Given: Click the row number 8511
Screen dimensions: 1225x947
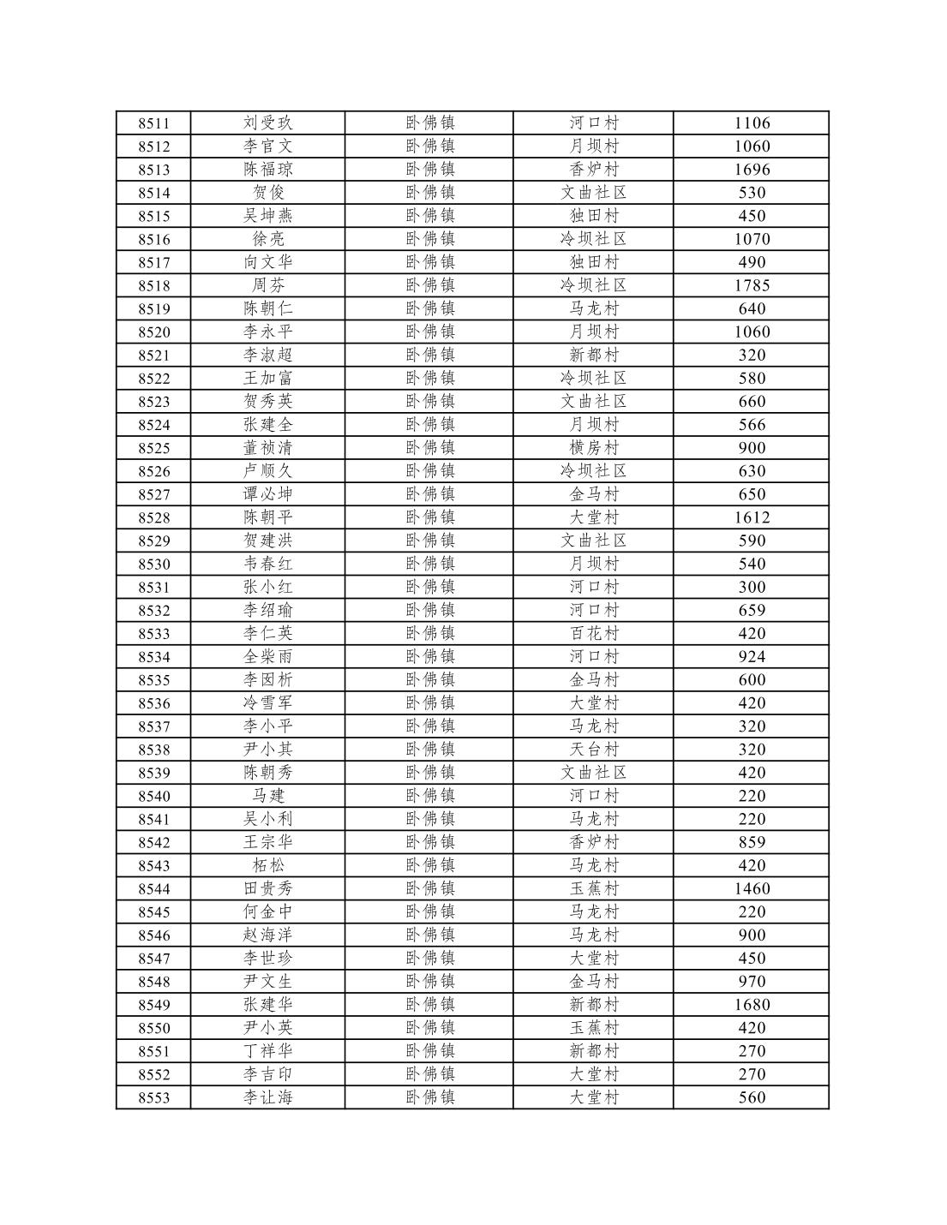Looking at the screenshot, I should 154,123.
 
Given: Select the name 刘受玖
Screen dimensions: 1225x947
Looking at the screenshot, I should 267,123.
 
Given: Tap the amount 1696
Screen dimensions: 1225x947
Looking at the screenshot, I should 752,170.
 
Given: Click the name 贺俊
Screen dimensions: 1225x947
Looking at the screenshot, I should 267,193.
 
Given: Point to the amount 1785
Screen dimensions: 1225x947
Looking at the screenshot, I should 752,285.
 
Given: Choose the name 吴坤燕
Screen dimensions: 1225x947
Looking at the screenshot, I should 267,216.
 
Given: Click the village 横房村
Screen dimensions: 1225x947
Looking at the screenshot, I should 594,448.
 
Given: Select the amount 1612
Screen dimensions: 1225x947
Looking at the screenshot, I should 752,517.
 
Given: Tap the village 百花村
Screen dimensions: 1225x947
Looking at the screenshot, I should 594,633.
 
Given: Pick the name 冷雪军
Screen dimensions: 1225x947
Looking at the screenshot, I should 267,703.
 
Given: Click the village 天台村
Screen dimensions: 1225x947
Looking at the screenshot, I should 594,750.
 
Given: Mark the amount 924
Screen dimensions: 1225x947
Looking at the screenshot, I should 752,657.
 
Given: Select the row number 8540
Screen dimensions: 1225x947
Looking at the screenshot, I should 154,796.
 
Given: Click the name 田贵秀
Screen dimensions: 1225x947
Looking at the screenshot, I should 267,888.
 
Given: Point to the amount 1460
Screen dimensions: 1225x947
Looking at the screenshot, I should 752,888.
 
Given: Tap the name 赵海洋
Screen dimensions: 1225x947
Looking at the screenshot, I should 267,935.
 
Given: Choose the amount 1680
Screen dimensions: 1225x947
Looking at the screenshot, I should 752,1005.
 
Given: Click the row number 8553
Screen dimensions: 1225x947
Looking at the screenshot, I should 154,1097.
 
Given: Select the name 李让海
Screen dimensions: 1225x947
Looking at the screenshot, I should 267,1097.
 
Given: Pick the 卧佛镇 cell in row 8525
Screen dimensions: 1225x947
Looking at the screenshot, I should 429,448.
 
